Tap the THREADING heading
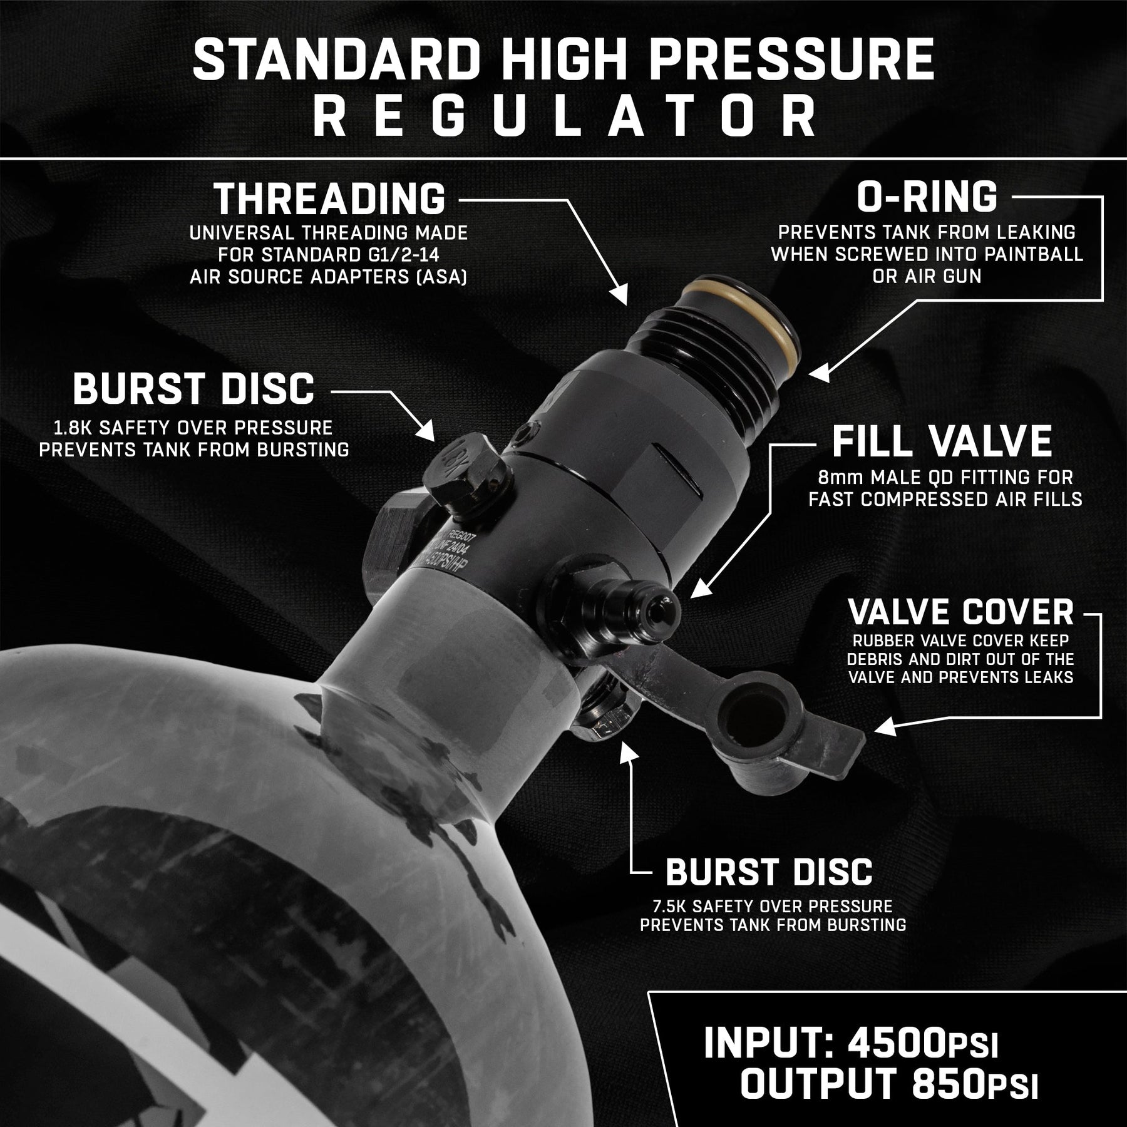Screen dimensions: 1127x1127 330,198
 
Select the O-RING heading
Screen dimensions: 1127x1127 927,197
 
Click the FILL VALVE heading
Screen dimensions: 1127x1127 942,441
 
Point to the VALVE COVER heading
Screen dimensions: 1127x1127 961,612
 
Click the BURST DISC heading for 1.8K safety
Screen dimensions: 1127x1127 193,388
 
